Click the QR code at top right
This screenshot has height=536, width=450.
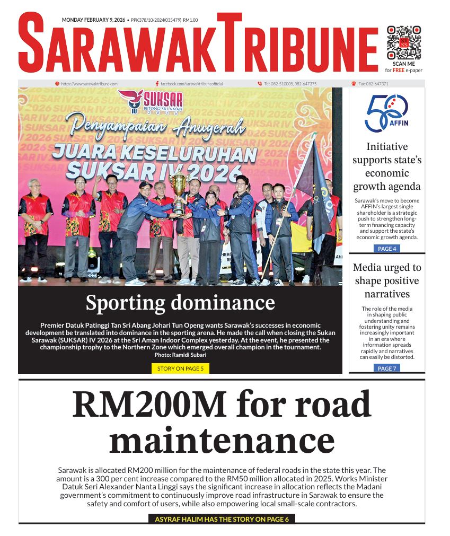pyautogui.click(x=404, y=42)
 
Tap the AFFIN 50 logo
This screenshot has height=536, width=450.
pyautogui.click(x=386, y=113)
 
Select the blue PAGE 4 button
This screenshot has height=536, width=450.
pyautogui.click(x=386, y=249)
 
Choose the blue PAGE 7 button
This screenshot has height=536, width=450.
pyautogui.click(x=386, y=368)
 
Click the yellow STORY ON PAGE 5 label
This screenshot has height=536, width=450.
pyautogui.click(x=180, y=368)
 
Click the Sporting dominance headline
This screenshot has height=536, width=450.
pyautogui.click(x=180, y=303)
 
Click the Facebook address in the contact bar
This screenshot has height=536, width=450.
pyautogui.click(x=191, y=84)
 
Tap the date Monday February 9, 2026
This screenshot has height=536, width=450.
pyautogui.click(x=93, y=20)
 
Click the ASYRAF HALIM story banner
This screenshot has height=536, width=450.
pyautogui.click(x=222, y=519)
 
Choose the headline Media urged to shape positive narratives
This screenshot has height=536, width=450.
pyautogui.click(x=386, y=280)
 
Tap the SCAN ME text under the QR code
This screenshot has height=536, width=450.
pyautogui.click(x=404, y=64)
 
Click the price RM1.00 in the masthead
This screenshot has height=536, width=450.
pyautogui.click(x=190, y=20)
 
